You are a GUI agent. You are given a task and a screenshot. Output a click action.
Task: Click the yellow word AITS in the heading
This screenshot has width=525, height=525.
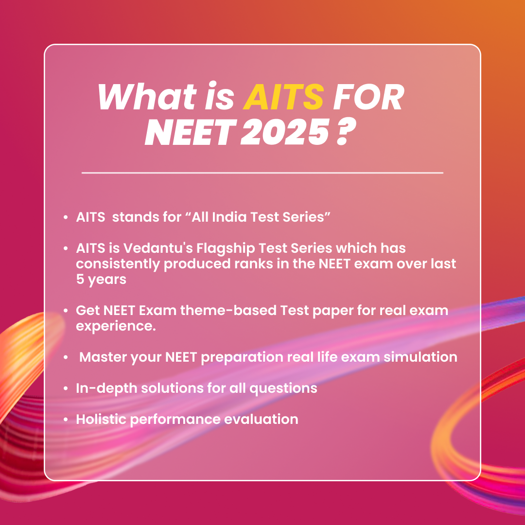(x=283, y=97)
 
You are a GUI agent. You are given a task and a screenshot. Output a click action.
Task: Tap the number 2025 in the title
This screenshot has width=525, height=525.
(x=285, y=132)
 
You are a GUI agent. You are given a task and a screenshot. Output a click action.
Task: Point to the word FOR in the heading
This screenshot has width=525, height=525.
(x=368, y=97)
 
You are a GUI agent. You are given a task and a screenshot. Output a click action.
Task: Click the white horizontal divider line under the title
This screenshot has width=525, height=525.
(x=262, y=173)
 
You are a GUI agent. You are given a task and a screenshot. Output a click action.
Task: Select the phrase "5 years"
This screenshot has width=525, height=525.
(x=101, y=280)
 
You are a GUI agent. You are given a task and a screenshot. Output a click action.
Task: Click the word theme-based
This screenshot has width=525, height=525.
(x=228, y=310)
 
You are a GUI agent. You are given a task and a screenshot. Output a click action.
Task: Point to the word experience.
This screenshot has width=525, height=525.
(x=116, y=326)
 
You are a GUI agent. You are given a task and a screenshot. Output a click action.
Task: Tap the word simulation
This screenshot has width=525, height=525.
(x=420, y=357)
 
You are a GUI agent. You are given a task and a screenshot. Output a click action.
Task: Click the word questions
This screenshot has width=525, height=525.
(x=283, y=389)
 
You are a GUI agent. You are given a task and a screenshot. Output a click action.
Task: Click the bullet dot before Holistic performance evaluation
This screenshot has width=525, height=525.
(x=66, y=420)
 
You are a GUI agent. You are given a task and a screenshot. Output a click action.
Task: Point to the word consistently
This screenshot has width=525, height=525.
(x=118, y=264)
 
